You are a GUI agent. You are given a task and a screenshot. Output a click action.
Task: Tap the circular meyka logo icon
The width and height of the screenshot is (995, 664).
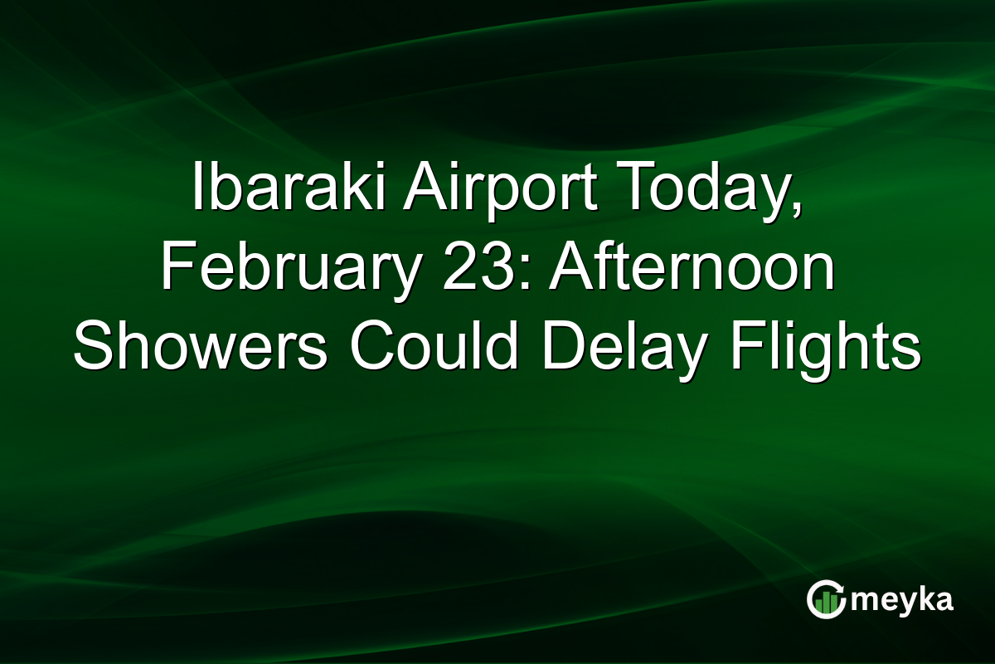pos(826,600)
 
